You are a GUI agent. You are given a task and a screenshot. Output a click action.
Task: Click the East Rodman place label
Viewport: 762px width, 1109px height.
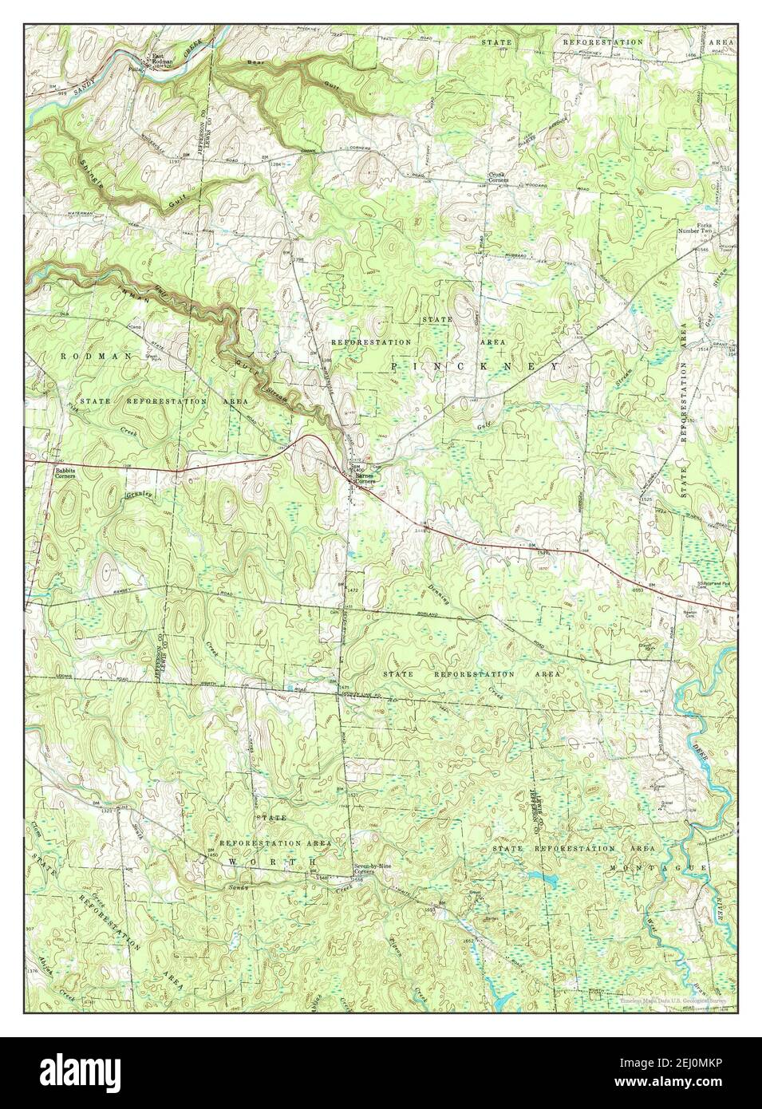(163, 59)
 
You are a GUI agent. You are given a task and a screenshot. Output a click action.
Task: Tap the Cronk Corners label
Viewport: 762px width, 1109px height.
(499, 177)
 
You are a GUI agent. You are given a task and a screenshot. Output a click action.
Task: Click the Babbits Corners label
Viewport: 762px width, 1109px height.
(65, 473)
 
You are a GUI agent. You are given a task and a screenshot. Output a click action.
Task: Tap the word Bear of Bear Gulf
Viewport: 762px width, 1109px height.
(255, 61)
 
